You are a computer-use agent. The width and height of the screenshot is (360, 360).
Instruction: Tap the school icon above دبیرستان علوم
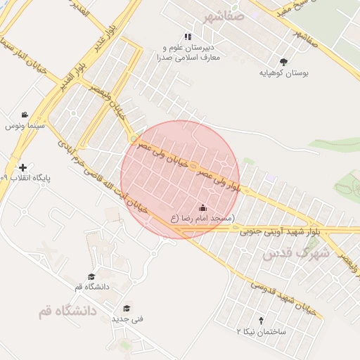[x=188, y=37]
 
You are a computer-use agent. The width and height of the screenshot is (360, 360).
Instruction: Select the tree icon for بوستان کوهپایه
[x=283, y=62]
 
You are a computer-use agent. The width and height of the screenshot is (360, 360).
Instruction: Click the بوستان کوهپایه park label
[x=283, y=72]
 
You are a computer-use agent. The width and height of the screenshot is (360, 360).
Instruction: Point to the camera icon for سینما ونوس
[x=25, y=115]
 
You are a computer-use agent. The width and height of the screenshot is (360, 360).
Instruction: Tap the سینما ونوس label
[x=25, y=126]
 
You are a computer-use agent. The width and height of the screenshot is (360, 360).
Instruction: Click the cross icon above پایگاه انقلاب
[x=24, y=168]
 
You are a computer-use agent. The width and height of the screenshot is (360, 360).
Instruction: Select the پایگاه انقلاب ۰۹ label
[x=25, y=178]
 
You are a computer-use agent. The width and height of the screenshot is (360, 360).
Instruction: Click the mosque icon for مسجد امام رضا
[x=202, y=207]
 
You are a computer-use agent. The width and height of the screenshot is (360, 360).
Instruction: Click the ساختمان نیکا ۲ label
[x=261, y=330]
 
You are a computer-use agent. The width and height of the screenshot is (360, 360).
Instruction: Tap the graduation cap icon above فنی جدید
[x=127, y=308]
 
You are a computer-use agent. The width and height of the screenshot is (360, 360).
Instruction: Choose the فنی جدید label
[x=127, y=319]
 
